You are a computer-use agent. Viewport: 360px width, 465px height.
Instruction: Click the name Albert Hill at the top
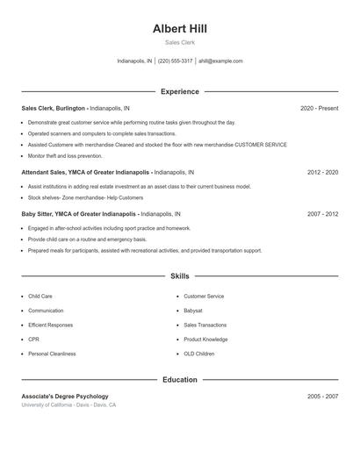click(x=179, y=28)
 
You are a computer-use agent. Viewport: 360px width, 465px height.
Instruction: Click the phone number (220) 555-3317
click(x=175, y=61)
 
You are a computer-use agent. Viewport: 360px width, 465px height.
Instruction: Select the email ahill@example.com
click(x=220, y=61)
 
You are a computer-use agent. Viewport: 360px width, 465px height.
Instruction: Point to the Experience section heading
click(x=179, y=91)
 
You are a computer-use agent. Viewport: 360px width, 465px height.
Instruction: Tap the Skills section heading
click(x=179, y=275)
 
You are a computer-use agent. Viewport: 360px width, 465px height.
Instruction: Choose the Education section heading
click(x=179, y=380)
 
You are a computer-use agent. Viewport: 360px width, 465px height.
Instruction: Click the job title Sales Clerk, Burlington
click(x=54, y=108)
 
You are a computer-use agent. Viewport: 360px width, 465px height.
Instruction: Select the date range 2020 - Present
click(x=319, y=108)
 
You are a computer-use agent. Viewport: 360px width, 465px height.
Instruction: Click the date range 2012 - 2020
click(x=322, y=172)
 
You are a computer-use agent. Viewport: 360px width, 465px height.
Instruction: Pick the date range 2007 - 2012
click(x=322, y=213)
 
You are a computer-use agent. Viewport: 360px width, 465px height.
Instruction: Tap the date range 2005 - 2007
click(x=322, y=397)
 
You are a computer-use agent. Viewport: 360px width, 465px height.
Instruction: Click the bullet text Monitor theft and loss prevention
click(x=65, y=155)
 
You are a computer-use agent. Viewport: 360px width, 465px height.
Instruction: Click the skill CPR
click(x=33, y=340)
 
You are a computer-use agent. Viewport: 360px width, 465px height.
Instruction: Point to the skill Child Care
click(x=40, y=297)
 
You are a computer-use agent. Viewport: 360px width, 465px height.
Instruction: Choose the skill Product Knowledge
click(x=205, y=340)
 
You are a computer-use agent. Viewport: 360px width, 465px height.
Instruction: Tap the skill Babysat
click(x=194, y=311)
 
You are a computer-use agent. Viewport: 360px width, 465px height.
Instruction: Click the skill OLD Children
click(x=198, y=354)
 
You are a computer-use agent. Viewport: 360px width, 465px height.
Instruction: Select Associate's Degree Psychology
click(x=65, y=397)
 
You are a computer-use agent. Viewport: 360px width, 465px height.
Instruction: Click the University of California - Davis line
click(x=68, y=405)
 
